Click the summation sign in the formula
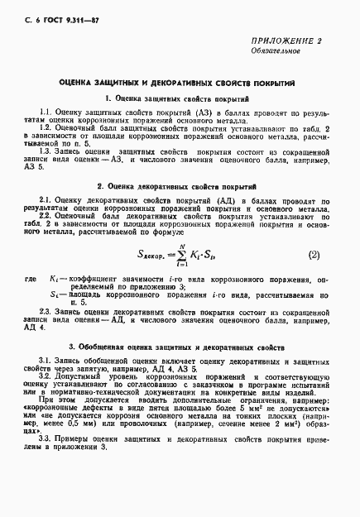tap(198, 256)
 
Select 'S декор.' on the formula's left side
tap(161, 257)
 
